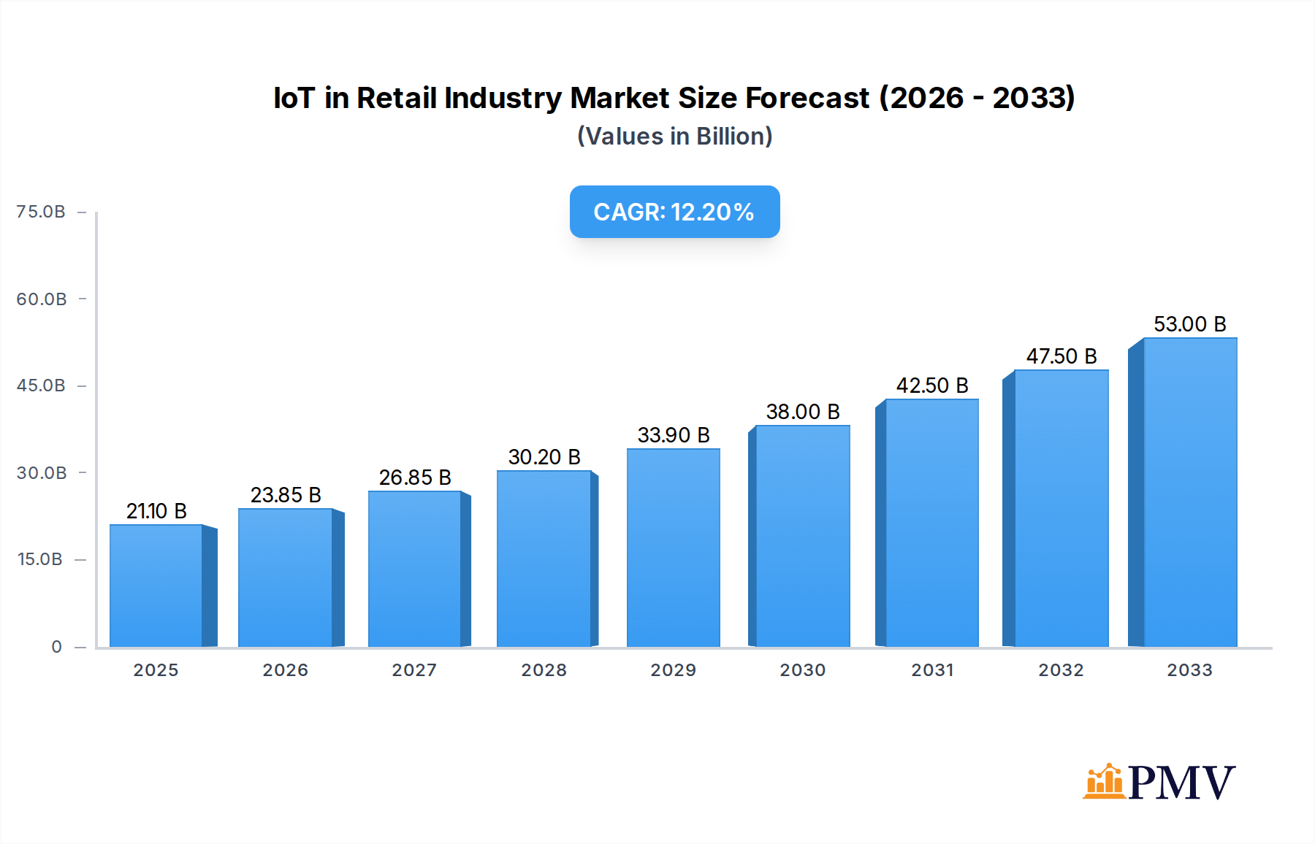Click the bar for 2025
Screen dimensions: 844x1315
pos(156,586)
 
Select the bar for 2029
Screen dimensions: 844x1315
pos(674,548)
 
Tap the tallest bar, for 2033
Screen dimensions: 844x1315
pos(1190,493)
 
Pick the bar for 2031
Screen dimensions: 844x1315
pos(931,523)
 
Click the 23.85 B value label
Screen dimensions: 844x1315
pos(286,495)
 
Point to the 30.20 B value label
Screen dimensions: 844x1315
pos(544,457)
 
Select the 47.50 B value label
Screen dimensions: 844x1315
pos(1061,356)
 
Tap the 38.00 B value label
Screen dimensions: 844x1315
pos(803,412)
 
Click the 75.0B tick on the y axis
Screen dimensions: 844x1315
pos(41,212)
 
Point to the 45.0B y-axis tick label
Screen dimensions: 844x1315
pos(41,385)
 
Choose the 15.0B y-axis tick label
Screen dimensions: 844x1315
pos(40,559)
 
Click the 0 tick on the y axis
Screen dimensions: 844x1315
pos(56,647)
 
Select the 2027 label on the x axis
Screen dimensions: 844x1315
pos(414,670)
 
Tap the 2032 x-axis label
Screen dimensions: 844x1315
pos(1061,670)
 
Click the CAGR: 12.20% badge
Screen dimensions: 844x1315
pos(674,212)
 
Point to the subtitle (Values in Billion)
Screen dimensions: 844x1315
pos(674,137)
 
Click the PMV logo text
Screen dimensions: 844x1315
pos(1181,783)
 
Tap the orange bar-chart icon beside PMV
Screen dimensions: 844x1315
pos(1103,781)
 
